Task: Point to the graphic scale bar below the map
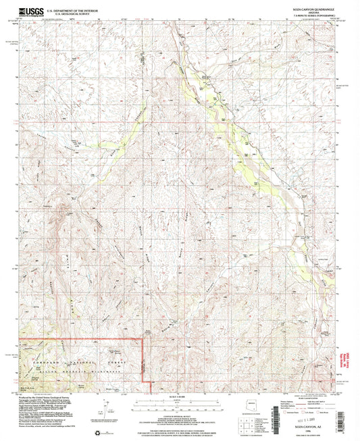[179, 403]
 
